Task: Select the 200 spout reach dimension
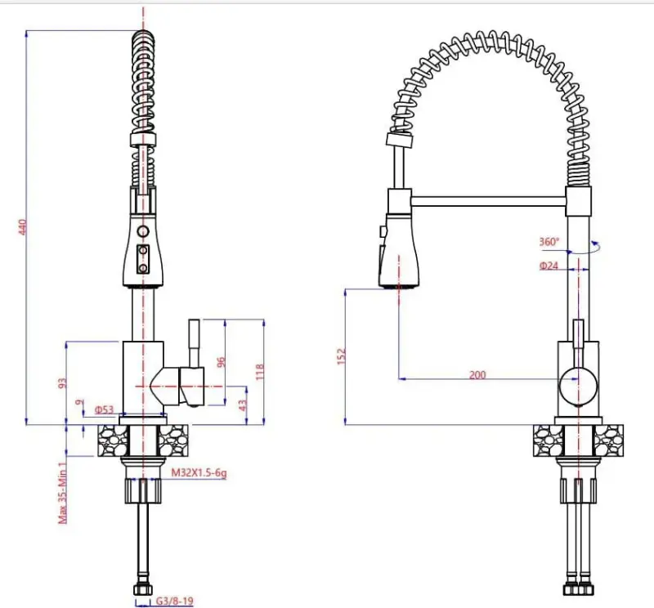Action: coord(477,375)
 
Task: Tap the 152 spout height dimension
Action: coord(342,355)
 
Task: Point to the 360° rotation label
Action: coord(549,242)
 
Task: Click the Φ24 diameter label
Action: coord(549,265)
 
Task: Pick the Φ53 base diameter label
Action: coord(103,409)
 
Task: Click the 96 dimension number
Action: coord(220,362)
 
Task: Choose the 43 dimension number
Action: coord(244,403)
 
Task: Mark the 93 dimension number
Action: coord(62,382)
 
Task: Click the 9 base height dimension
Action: coord(78,402)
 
